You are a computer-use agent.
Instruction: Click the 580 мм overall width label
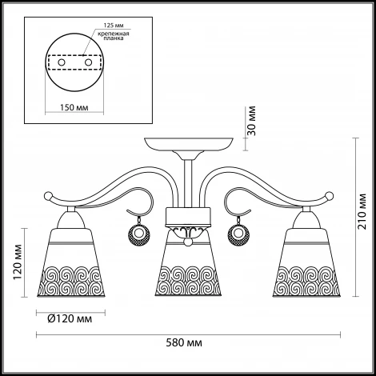point(184,342)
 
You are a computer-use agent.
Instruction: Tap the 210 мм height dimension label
point(362,211)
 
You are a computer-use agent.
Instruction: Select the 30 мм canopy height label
point(251,121)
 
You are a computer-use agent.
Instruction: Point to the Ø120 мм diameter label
point(70,318)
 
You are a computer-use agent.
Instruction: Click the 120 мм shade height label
point(18,262)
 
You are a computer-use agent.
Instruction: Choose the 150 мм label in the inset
point(74,107)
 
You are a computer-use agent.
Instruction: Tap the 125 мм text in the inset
point(114,26)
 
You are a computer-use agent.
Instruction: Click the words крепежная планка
point(114,36)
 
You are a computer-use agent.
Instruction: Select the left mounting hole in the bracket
point(62,62)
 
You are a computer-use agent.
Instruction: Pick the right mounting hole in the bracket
point(88,62)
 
